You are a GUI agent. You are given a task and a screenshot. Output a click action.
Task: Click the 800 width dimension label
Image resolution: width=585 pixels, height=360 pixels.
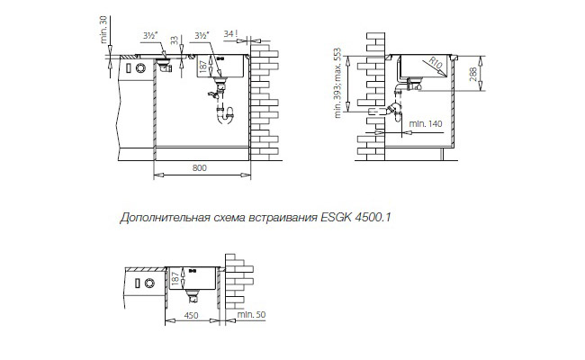pos(200,168)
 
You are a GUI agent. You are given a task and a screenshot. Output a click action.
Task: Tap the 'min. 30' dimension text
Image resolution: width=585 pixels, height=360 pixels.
pos(103,30)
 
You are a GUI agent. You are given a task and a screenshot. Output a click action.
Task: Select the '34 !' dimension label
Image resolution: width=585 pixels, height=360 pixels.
pos(230,34)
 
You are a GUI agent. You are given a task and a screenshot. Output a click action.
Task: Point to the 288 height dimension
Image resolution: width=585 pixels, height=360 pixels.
pos(473,74)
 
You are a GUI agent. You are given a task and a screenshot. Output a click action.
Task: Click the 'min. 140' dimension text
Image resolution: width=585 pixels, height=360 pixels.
pos(426,123)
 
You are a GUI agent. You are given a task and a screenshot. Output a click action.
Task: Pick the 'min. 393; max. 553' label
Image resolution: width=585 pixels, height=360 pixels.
pos(338,83)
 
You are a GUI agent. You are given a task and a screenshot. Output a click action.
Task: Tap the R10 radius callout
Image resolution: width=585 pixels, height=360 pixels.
pos(435,63)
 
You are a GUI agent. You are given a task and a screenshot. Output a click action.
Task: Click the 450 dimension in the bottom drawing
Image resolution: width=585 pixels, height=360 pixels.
pos(191,316)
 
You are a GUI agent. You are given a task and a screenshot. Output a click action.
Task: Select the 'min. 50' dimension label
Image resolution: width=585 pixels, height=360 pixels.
pos(251,314)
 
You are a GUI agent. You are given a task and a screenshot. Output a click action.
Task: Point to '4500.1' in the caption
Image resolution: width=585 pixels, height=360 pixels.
pos(373,218)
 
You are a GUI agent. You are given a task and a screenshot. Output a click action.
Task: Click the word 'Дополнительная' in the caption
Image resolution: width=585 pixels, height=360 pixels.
pos(165,218)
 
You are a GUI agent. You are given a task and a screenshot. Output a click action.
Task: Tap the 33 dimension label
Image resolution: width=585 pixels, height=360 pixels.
pos(175,40)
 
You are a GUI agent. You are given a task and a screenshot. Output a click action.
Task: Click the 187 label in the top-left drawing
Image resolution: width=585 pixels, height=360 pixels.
pos(203,67)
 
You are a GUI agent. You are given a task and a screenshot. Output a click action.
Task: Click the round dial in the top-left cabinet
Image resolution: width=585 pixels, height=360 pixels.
pos(140,68)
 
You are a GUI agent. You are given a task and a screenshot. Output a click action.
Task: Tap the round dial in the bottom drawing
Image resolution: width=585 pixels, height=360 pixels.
pos(148,283)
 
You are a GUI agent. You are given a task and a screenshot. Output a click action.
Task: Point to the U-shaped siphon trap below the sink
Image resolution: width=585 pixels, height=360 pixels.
pos(225,115)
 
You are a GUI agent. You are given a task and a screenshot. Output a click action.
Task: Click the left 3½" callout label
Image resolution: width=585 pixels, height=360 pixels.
pos(150,36)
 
